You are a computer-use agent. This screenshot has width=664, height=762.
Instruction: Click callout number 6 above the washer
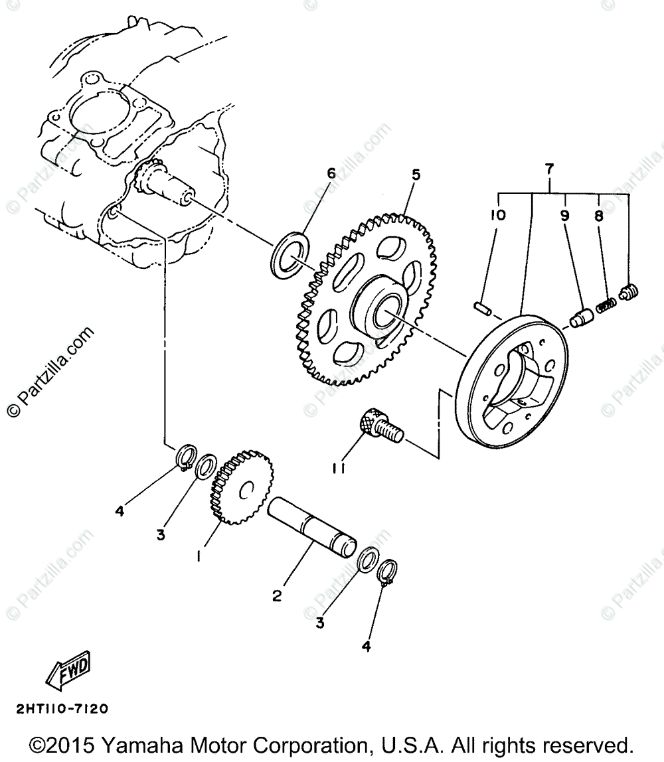(331, 174)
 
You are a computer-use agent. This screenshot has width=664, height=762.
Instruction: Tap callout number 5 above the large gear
(416, 175)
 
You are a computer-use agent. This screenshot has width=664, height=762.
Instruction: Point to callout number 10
(499, 215)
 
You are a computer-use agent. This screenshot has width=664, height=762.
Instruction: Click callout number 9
(565, 215)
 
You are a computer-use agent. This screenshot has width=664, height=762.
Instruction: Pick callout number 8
(598, 215)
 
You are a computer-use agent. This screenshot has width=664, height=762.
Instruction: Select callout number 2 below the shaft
(277, 595)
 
